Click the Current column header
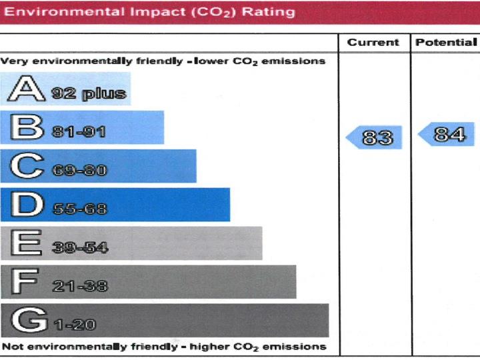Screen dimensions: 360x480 (x=373, y=43)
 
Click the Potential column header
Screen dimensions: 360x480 (x=446, y=43)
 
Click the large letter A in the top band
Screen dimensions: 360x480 (x=25, y=89)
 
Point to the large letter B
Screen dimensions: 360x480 (x=25, y=127)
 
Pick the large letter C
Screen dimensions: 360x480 (x=25, y=166)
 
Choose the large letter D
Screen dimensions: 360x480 (x=25, y=205)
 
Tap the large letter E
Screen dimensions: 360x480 (x=25, y=243)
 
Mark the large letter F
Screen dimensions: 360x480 (x=25, y=282)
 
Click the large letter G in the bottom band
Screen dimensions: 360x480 (x=25, y=321)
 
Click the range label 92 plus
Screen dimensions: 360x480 (x=89, y=93)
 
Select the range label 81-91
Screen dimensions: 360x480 (x=79, y=132)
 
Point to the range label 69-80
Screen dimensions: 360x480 (x=79, y=171)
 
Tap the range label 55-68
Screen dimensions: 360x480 (x=79, y=209)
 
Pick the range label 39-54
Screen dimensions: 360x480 (x=79, y=248)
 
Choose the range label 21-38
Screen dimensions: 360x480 (x=79, y=287)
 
